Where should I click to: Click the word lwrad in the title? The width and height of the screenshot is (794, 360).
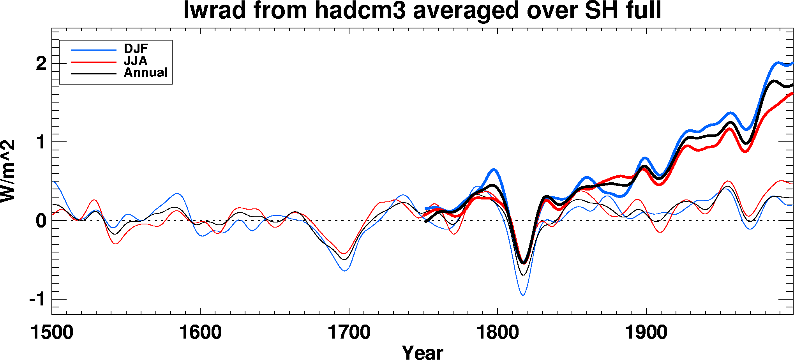(215, 11)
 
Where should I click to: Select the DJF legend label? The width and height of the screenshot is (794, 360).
(136, 49)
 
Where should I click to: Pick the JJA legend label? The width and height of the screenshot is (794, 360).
(136, 61)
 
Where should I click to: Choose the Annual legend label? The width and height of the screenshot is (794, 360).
(145, 72)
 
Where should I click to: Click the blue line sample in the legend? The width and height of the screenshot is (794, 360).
(94, 50)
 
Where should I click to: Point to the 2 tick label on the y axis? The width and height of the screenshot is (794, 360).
(41, 64)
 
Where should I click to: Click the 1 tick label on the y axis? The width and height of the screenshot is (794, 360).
(41, 142)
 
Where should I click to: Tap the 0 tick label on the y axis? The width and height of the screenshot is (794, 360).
(41, 221)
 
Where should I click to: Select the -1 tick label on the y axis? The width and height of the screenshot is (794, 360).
(38, 300)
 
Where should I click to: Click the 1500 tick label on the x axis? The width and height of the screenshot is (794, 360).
(52, 333)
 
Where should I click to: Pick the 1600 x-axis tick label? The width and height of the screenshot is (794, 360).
(200, 333)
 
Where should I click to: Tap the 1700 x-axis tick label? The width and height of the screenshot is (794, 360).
(349, 333)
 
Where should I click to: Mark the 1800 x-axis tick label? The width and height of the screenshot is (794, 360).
(498, 333)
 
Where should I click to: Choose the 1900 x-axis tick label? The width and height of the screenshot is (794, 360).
(646, 333)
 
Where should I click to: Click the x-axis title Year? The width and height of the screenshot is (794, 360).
(422, 352)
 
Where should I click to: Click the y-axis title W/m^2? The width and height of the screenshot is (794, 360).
(8, 171)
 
